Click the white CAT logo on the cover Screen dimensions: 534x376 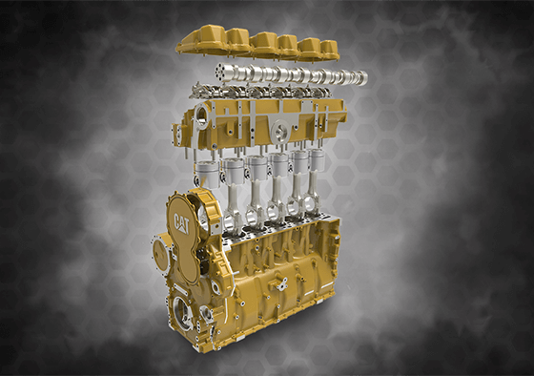[181, 223]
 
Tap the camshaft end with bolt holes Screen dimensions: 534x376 [218, 72]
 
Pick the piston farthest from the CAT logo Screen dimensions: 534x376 [317, 159]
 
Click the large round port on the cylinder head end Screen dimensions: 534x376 [201, 115]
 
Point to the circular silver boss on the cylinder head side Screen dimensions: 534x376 [281, 130]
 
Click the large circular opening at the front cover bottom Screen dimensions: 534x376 [182, 313]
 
